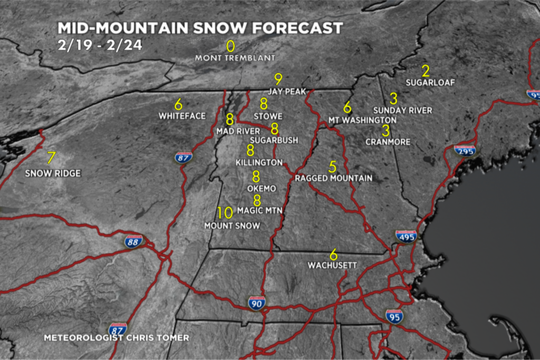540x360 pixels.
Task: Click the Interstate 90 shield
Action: point(256,303)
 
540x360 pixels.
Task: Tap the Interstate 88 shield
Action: point(133,241)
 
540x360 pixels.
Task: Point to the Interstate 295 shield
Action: point(465,151)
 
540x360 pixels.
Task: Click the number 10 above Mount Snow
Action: point(225,213)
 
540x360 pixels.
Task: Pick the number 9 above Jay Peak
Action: point(278,79)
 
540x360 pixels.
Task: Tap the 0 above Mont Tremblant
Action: point(230,46)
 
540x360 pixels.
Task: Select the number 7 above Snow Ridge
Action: point(51,158)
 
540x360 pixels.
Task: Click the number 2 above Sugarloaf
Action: point(426,70)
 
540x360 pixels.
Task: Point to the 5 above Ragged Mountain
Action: point(332,167)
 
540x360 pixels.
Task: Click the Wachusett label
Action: point(333,265)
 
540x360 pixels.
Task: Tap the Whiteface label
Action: point(182,116)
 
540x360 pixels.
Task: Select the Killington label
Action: point(259,162)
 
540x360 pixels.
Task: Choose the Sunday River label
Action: point(402,110)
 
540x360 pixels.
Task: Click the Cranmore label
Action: point(388,142)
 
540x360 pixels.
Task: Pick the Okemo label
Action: point(262,188)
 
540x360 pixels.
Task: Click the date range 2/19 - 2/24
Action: point(100,44)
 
